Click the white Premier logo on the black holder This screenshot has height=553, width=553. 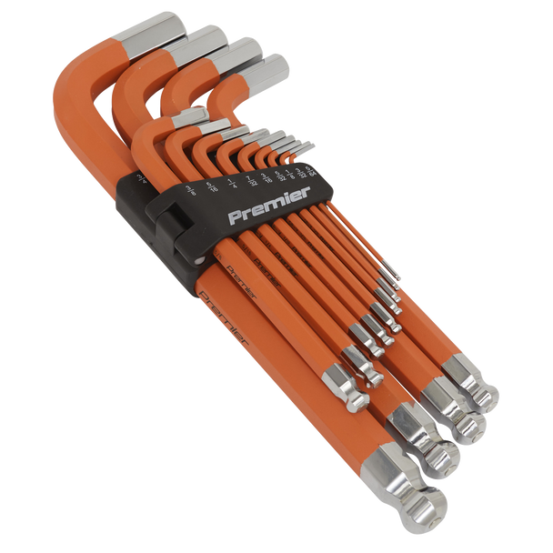click(269, 206)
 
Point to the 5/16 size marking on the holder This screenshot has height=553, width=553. click(190, 189)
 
